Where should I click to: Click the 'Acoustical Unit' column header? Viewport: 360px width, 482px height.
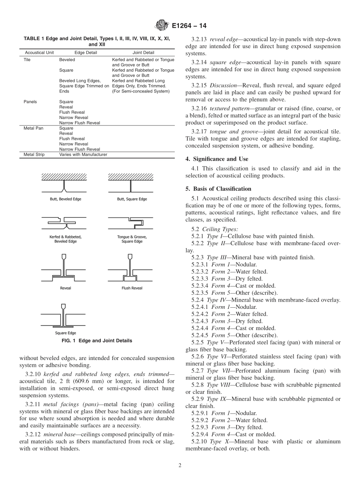click(x=39, y=53)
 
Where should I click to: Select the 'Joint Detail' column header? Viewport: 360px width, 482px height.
click(x=143, y=53)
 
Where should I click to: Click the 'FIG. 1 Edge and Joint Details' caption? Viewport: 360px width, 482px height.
click(x=97, y=341)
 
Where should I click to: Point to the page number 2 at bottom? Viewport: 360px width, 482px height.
click(x=180, y=466)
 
